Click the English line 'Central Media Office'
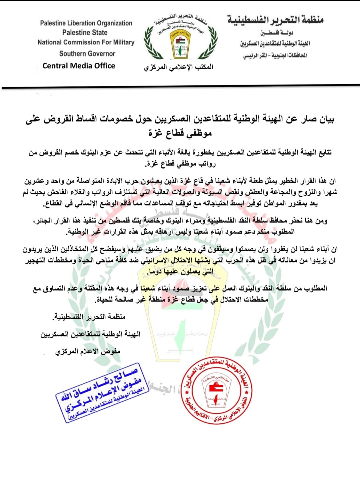[79, 66]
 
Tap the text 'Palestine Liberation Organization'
[86, 23]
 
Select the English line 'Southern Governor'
[87, 53]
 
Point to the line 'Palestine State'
[85, 33]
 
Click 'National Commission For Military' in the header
[86, 42]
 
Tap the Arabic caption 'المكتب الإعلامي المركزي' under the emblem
[178, 67]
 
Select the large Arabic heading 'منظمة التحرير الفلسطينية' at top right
[275, 20]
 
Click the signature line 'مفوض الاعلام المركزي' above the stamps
[88, 351]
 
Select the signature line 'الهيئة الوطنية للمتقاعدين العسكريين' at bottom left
[90, 334]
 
